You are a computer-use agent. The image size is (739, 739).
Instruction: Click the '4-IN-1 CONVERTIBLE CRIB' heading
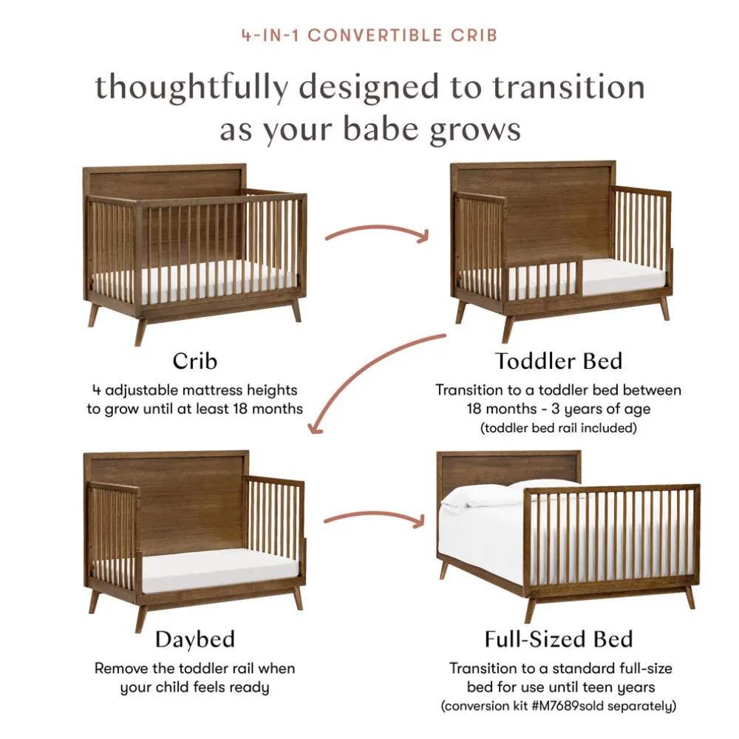click(x=369, y=35)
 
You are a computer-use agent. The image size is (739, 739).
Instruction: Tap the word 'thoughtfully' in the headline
click(x=192, y=89)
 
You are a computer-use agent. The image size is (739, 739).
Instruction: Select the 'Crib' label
click(x=194, y=361)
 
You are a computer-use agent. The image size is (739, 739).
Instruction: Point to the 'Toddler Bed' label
click(x=559, y=361)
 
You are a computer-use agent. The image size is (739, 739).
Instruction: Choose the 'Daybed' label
click(x=194, y=640)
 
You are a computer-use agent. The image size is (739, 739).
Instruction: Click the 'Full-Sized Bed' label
click(x=559, y=639)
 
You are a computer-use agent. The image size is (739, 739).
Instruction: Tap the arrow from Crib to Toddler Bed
click(x=377, y=228)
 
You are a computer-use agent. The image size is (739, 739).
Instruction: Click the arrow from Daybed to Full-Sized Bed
click(x=375, y=514)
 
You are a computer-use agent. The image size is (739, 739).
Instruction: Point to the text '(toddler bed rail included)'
click(x=559, y=428)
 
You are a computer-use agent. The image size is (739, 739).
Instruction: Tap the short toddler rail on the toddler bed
click(x=543, y=279)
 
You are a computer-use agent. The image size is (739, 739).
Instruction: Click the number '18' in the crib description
click(x=240, y=409)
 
